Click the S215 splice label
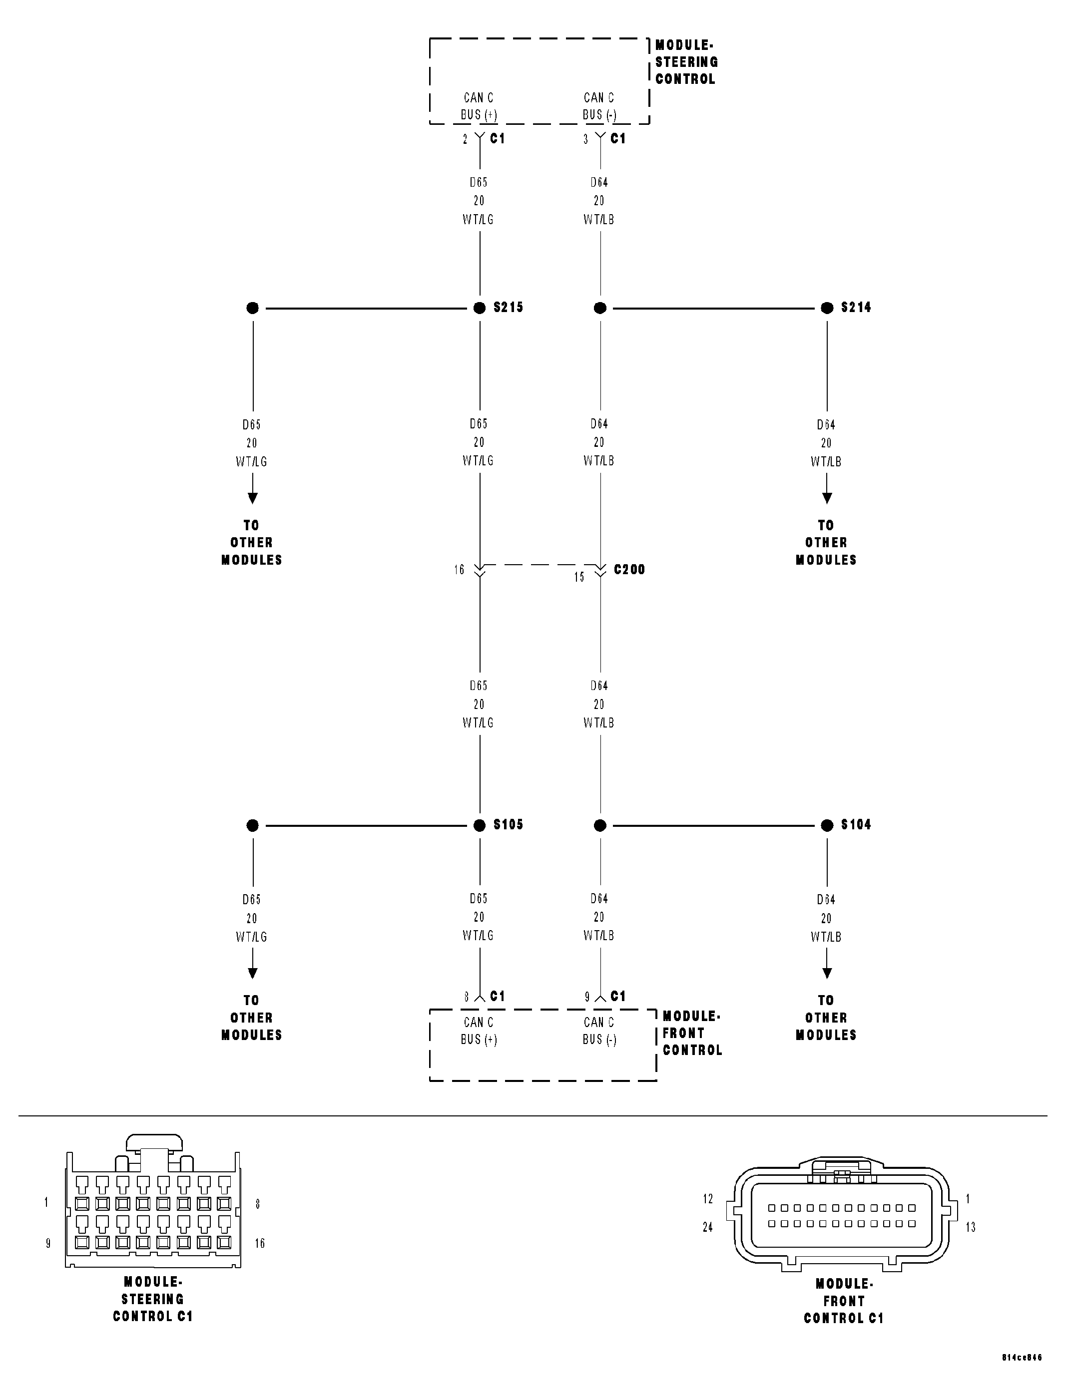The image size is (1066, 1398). click(508, 308)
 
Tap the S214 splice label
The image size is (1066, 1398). click(856, 308)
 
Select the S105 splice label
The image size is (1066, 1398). click(508, 825)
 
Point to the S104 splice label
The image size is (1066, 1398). click(856, 825)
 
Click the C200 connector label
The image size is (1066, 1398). click(629, 570)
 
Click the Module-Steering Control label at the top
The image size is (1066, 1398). click(686, 62)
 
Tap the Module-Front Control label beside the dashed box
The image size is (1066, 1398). click(692, 1034)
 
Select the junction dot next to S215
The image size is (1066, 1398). click(480, 308)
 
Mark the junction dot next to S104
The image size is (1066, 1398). click(827, 825)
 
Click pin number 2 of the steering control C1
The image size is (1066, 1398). click(465, 139)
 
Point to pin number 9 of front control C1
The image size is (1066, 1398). click(587, 997)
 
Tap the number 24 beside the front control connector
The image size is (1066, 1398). click(707, 1227)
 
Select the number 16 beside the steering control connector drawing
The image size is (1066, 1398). click(260, 1243)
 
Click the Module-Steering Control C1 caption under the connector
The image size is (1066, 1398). click(153, 1300)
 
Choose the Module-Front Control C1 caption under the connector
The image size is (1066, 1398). click(844, 1302)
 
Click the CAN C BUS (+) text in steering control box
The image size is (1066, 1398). click(479, 106)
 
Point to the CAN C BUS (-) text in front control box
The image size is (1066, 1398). click(599, 1031)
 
